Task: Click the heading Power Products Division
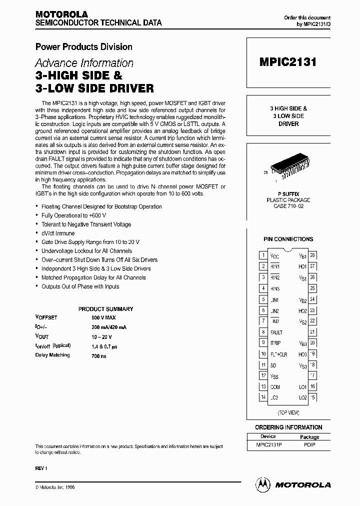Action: [x=83, y=47]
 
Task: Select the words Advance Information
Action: [x=84, y=63]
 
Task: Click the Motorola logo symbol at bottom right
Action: [x=262, y=484]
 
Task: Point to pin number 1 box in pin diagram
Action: [x=263, y=255]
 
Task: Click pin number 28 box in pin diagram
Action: [x=312, y=255]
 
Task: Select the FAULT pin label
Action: [x=276, y=332]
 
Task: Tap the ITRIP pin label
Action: [x=275, y=343]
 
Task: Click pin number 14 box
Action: [x=263, y=397]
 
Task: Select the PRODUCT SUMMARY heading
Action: [x=105, y=309]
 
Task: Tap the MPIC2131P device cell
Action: [x=268, y=444]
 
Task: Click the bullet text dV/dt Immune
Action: [x=58, y=233]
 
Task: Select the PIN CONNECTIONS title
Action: [x=288, y=239]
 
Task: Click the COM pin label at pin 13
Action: [x=275, y=387]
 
